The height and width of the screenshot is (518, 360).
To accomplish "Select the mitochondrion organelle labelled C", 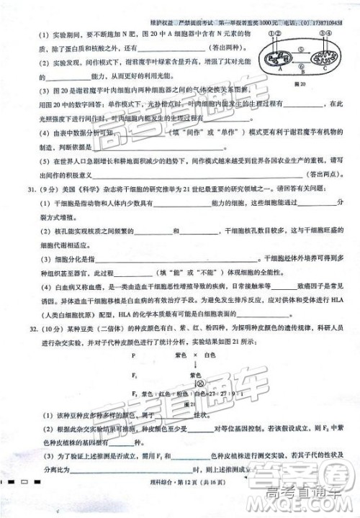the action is [x=324, y=58].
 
